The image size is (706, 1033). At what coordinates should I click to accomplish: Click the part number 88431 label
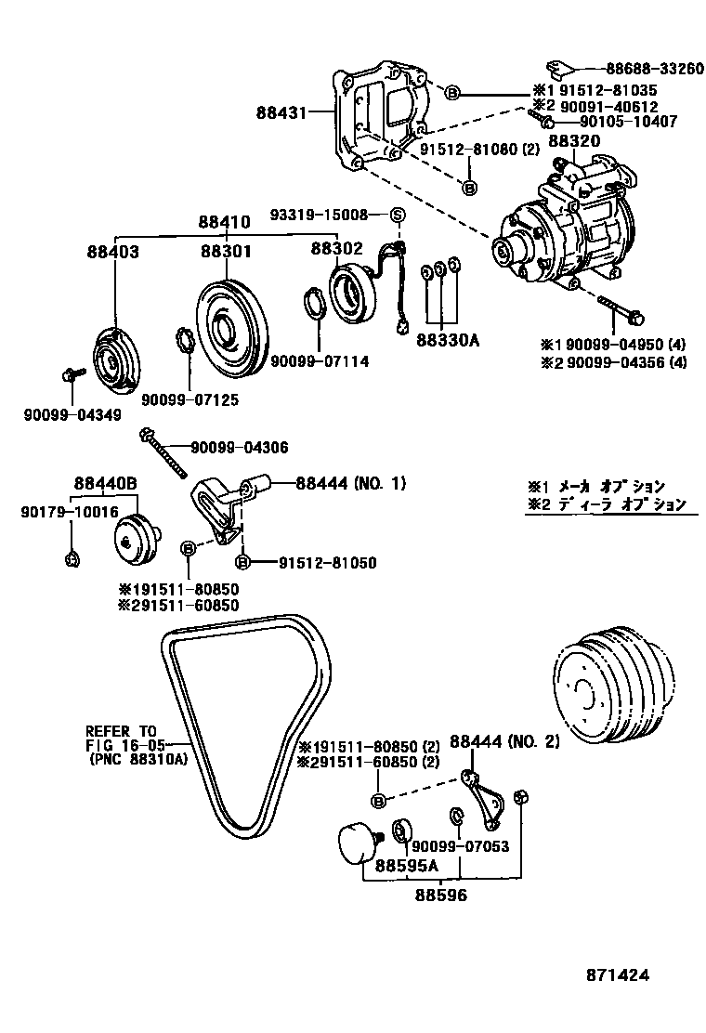tap(283, 113)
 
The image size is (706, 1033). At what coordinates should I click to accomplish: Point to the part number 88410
tap(223, 223)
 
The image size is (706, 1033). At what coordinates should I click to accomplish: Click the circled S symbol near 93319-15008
tap(398, 216)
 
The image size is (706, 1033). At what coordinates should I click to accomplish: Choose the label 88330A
tap(447, 340)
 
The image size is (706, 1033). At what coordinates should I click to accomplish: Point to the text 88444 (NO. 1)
tap(351, 483)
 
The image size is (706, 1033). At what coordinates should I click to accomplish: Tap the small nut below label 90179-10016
tap(73, 557)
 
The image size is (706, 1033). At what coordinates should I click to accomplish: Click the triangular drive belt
tap(246, 725)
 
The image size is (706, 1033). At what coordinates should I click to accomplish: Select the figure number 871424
tap(617, 975)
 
